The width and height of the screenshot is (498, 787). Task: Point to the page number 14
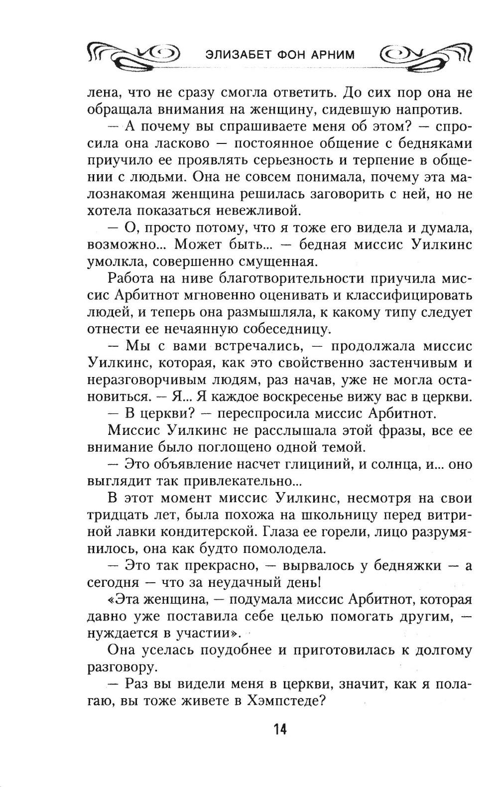tap(279, 730)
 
